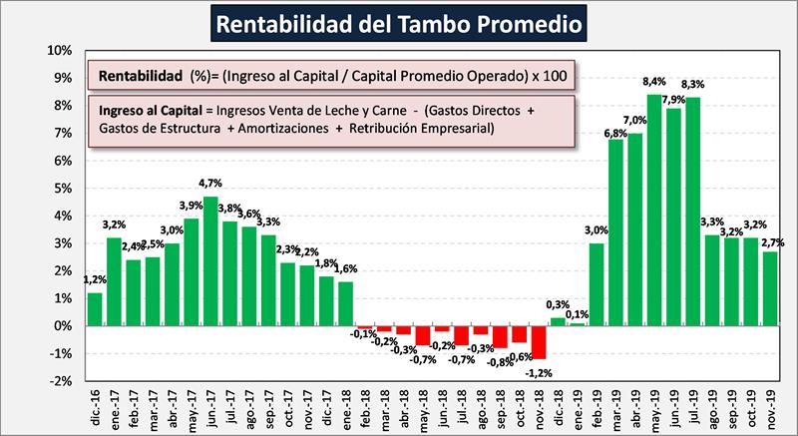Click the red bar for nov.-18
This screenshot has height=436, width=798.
point(540,342)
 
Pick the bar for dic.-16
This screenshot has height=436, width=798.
point(95,309)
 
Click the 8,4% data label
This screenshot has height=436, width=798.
point(654,82)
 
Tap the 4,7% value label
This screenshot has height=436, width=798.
point(210,185)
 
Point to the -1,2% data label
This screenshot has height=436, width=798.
point(540,371)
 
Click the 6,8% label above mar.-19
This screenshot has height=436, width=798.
point(616,133)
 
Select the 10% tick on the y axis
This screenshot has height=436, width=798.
point(61,51)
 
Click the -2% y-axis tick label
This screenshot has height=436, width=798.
point(61,381)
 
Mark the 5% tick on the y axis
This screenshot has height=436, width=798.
point(63,189)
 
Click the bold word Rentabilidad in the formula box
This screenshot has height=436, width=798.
point(141,76)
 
